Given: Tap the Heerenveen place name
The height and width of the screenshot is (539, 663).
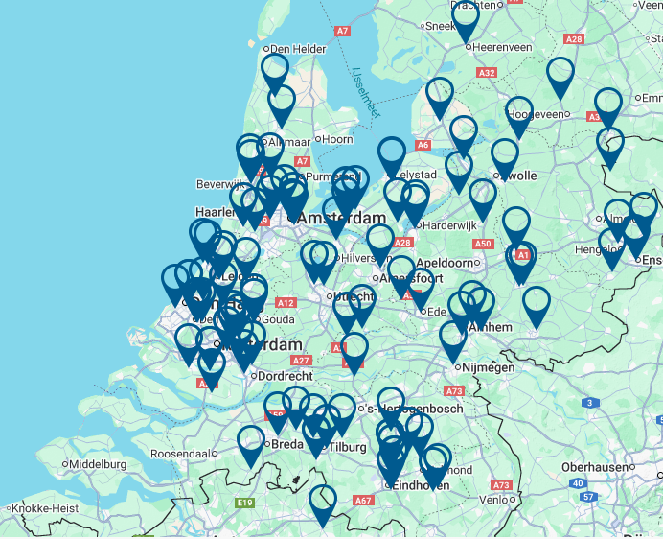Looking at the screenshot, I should click(x=507, y=46).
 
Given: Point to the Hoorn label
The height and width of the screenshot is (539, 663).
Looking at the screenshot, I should click(x=337, y=140).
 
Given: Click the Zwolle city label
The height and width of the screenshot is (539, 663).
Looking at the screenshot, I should click(x=517, y=176).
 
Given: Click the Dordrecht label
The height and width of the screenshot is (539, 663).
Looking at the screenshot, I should click(x=286, y=377).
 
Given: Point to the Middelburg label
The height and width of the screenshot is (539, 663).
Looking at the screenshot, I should click(x=98, y=464).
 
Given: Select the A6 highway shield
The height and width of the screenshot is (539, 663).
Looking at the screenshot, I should click(x=423, y=145).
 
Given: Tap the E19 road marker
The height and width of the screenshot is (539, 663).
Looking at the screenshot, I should click(x=244, y=503).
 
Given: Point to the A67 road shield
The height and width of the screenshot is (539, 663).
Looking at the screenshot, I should click(x=362, y=500).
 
